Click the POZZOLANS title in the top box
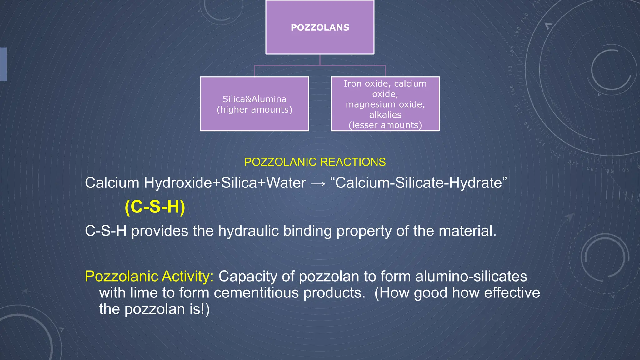(x=320, y=27)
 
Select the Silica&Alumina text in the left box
(x=254, y=99)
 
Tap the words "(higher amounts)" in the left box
(x=254, y=110)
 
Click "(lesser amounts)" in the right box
(x=385, y=125)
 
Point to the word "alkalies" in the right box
(x=385, y=115)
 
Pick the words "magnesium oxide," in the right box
(x=385, y=104)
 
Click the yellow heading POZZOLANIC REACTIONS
(x=315, y=162)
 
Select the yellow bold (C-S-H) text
(x=155, y=207)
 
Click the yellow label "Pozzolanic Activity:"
(x=149, y=276)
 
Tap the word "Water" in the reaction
(x=286, y=183)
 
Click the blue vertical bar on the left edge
(x=3, y=64)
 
